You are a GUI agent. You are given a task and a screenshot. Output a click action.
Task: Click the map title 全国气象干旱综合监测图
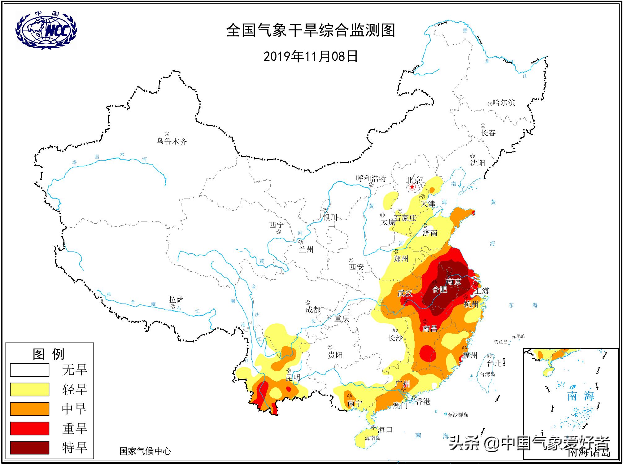pos(311,30)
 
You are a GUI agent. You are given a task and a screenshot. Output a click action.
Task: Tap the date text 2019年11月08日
pos(311,56)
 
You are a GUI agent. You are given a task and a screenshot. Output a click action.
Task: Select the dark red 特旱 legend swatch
pos(30,447)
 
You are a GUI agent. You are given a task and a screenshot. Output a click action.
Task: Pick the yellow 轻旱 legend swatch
pos(30,389)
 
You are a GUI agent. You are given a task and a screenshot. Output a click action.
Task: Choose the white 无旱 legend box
pos(30,370)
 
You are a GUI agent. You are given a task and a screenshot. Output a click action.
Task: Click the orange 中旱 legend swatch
pos(30,409)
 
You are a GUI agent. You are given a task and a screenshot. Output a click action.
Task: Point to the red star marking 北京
pos(412,187)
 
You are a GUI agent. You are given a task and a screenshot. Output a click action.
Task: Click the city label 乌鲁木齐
pos(172,142)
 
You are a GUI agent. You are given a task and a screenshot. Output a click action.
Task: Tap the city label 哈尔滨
pos(504,103)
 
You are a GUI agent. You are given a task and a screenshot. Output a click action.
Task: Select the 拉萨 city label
pos(176,300)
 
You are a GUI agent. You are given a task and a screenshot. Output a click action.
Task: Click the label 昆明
pos(293,378)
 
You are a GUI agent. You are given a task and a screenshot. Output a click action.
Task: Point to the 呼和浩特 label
pos(371,178)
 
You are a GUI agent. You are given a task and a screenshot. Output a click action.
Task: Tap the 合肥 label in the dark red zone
pos(440,290)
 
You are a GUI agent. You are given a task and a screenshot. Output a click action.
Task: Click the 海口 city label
pos(385,430)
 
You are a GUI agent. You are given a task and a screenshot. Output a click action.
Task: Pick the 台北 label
pos(494,363)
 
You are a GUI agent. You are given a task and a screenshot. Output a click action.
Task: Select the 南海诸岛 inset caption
pos(589,453)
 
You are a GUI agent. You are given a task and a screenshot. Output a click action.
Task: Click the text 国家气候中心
pos(145,451)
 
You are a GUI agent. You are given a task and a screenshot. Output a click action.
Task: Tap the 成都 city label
pos(313,309)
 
